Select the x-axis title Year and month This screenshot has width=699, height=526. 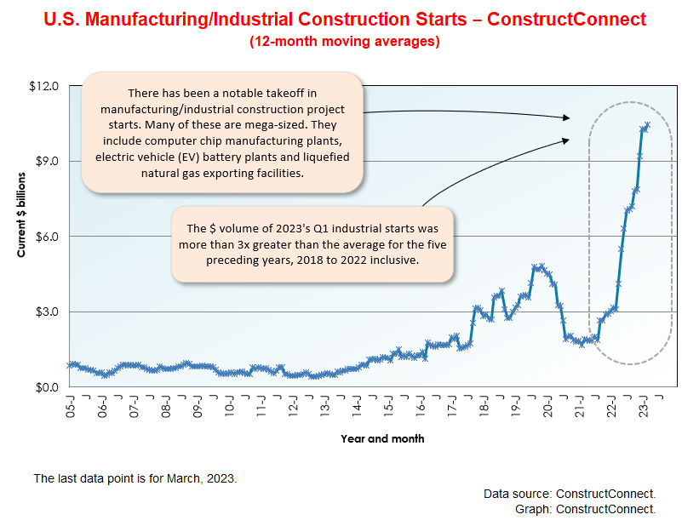tap(382, 439)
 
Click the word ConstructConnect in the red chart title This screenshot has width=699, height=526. tap(573, 19)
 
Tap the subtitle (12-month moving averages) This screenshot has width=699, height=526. tap(345, 42)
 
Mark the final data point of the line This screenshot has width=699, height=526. tap(648, 125)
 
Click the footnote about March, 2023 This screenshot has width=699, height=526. tap(135, 478)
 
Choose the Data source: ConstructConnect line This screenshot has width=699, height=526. tap(570, 494)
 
